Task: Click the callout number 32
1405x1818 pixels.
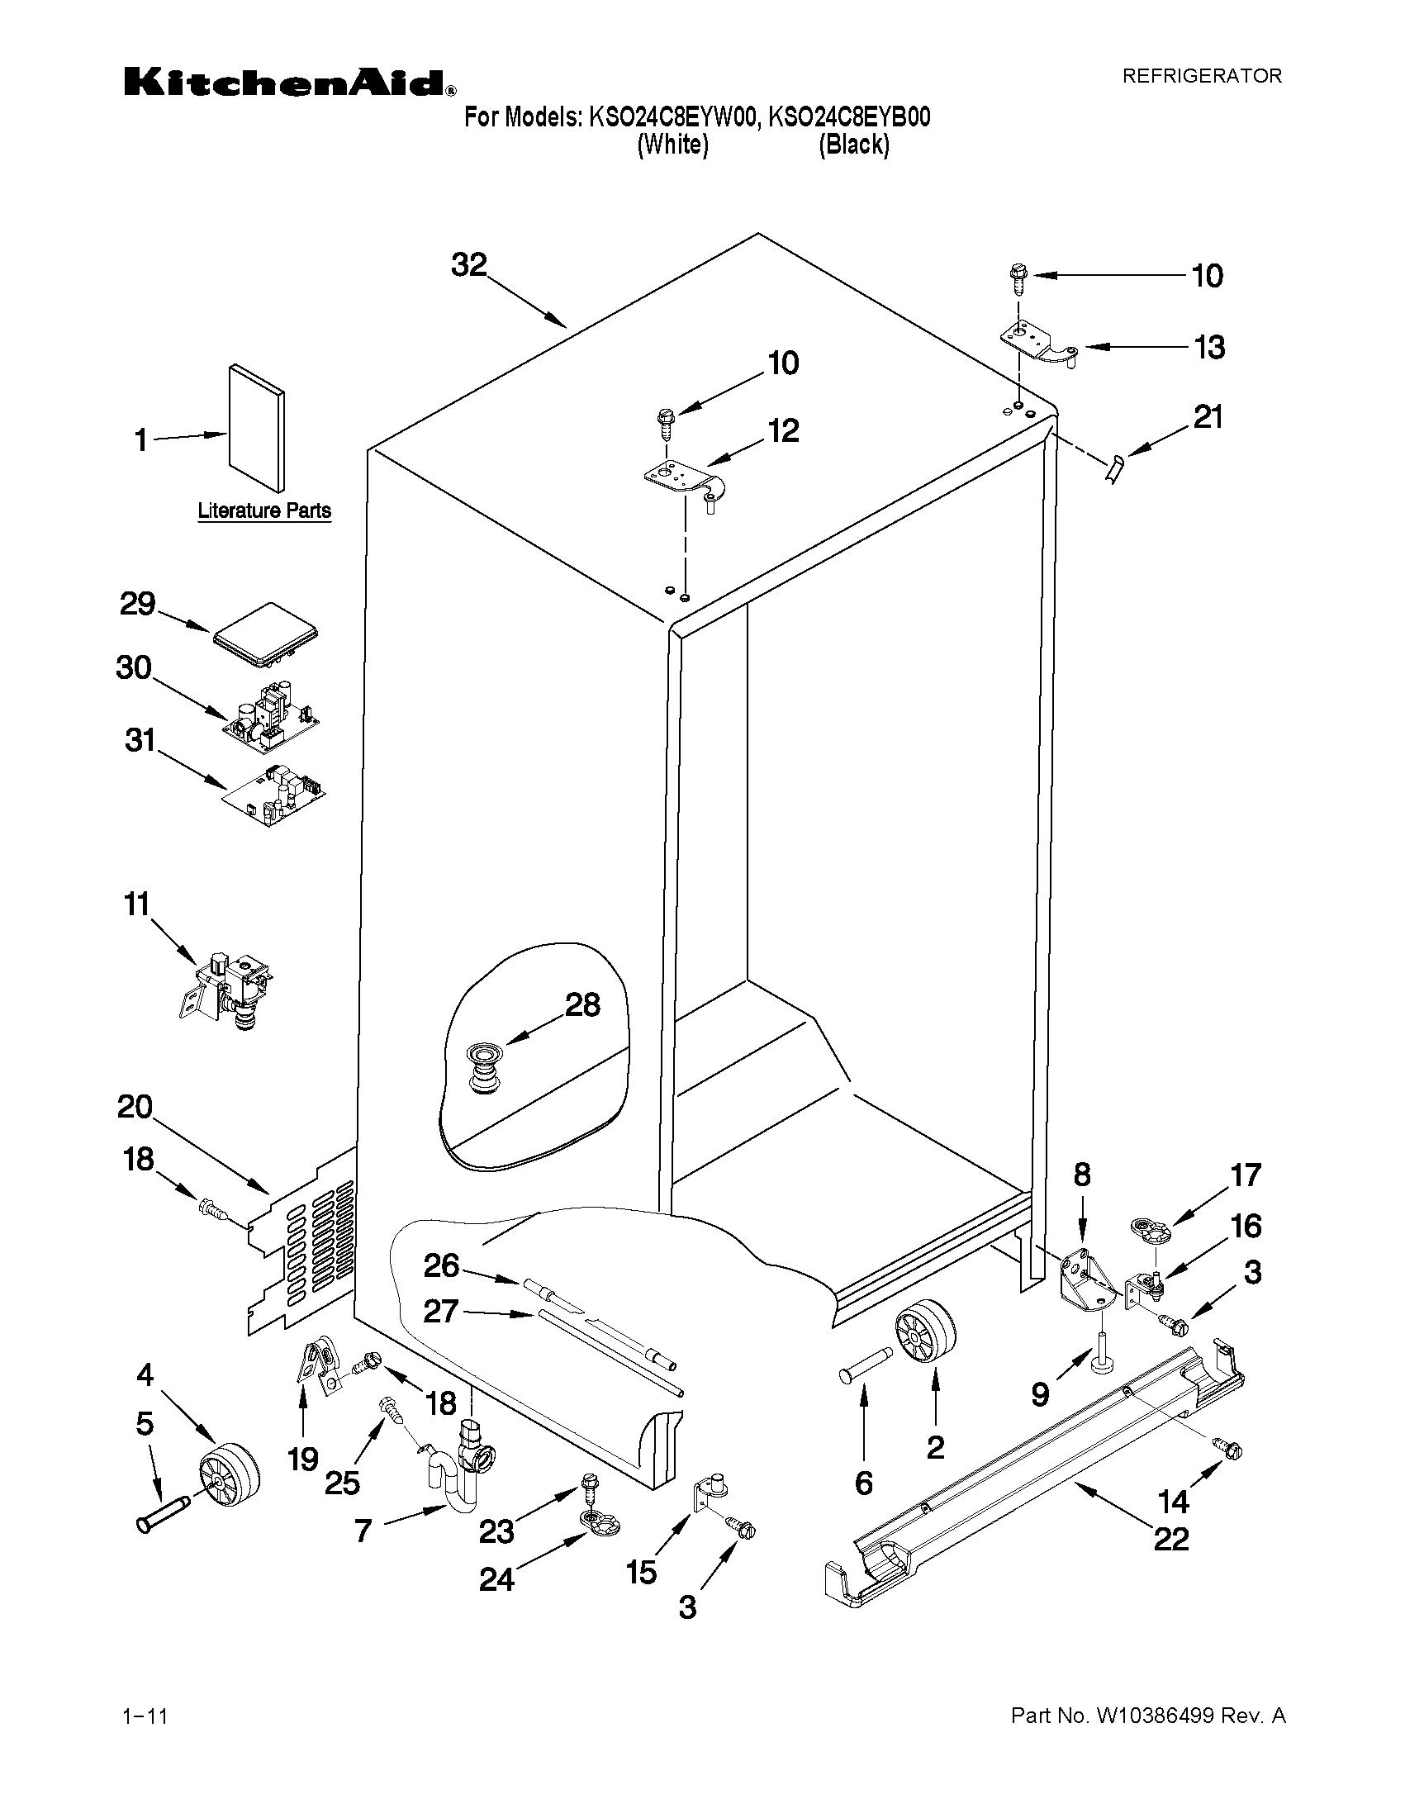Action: [x=468, y=264]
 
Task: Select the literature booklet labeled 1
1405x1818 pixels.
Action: [x=256, y=428]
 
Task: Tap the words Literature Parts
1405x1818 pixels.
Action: [x=263, y=511]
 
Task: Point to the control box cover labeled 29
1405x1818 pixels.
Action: [x=266, y=636]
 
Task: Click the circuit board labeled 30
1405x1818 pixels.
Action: [x=271, y=713]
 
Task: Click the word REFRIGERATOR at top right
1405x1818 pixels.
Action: [x=1202, y=77]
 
